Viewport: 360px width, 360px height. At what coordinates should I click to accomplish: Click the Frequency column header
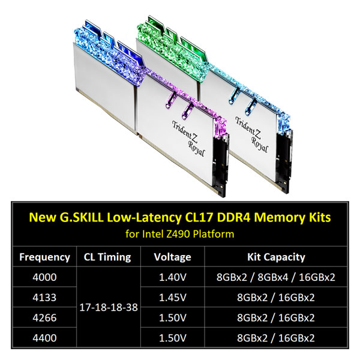tap(44, 257)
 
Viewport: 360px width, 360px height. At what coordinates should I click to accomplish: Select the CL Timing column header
tap(107, 257)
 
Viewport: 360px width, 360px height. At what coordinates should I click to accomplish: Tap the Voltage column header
tap(172, 257)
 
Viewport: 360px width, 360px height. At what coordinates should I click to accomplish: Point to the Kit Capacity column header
tap(276, 257)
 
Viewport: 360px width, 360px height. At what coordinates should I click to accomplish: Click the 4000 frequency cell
tap(44, 277)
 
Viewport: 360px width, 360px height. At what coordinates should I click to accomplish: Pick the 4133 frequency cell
tap(44, 298)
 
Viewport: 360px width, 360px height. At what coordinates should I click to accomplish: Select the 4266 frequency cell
tap(44, 318)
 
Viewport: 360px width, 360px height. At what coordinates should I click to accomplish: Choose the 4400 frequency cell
tap(44, 338)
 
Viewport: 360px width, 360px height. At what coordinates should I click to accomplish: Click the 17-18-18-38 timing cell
tap(109, 307)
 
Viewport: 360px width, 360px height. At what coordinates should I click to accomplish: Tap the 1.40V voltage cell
tap(173, 277)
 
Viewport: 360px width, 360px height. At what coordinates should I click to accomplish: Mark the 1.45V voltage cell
tap(173, 298)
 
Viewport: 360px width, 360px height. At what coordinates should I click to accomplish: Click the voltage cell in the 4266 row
tap(173, 318)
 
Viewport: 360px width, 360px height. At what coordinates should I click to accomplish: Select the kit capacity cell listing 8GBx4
tap(276, 277)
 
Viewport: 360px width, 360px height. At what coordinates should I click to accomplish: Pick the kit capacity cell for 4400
tap(276, 338)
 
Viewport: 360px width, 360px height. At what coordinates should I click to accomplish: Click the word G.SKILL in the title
tap(82, 217)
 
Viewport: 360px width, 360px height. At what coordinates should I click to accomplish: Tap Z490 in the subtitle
tap(178, 234)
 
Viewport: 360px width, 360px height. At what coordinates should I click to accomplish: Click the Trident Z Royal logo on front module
tap(188, 139)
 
